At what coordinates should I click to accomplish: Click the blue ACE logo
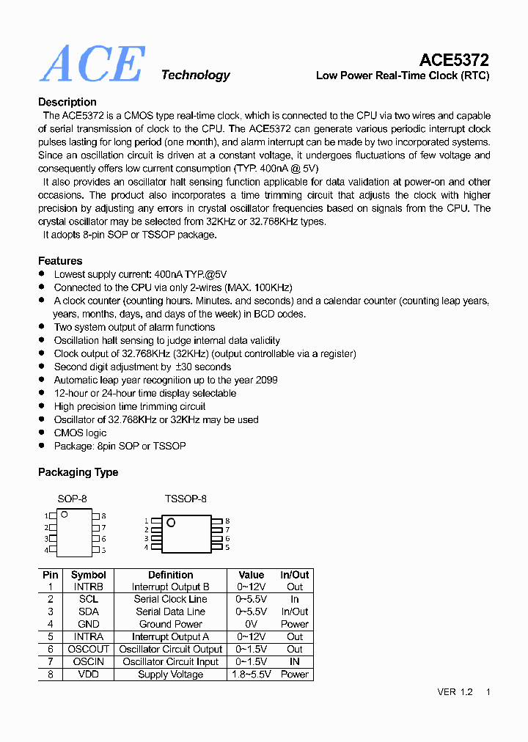pos(92,65)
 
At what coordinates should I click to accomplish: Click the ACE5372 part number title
pos(454,60)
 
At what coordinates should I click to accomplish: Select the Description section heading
pos(67,102)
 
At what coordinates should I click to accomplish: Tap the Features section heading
pos(60,261)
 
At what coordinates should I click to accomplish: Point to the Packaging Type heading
pos(78,472)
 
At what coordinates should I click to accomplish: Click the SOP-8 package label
pos(72,499)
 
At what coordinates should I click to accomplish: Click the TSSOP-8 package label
pos(186,499)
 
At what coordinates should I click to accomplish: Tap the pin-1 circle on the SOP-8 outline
pos(65,515)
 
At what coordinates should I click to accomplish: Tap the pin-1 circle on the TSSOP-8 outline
pos(171,523)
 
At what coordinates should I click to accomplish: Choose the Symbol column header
pos(88,575)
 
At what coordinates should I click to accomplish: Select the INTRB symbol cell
pos(88,587)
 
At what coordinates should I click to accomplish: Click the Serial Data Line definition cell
pos(170,611)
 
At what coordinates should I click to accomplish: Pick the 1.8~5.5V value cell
pos(252,675)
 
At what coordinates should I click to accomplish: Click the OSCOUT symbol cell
pos(88,649)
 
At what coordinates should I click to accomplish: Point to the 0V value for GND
pos(252,624)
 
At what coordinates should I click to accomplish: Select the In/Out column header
pos(295,575)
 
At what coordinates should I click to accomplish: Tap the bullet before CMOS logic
pos(42,433)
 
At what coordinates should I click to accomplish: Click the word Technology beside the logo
pos(195,75)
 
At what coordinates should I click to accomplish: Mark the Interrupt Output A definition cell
pos(170,636)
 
